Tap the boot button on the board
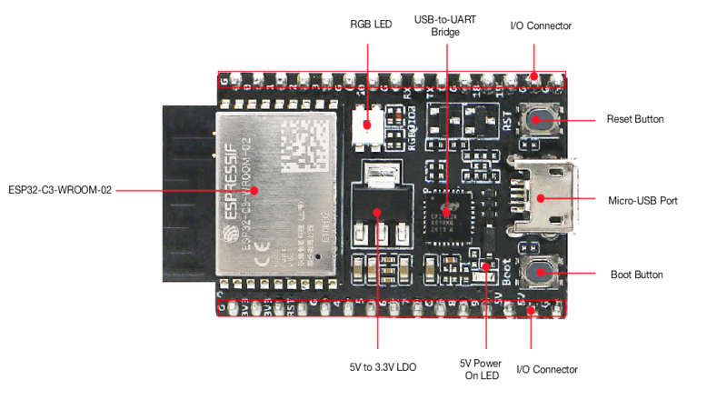point(542,274)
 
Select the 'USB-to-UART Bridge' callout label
point(445,25)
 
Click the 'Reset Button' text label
point(635,119)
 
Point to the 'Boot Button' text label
point(635,274)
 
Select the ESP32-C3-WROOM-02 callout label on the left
point(60,189)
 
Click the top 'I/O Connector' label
point(540,26)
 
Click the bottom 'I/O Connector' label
point(546,369)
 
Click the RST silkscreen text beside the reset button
point(508,119)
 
